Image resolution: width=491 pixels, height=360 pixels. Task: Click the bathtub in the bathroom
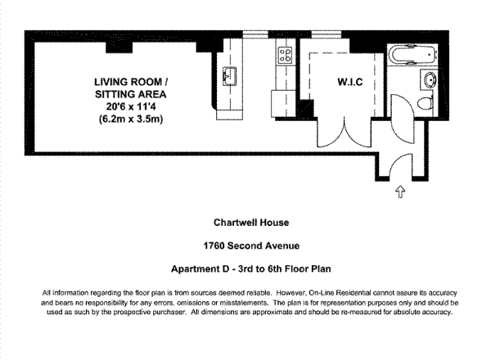click(412, 55)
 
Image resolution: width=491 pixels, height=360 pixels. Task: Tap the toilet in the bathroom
click(426, 102)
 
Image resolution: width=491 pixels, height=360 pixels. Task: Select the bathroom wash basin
click(430, 79)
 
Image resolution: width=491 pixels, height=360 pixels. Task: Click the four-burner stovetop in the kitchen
click(286, 55)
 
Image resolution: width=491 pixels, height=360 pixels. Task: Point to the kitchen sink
click(229, 75)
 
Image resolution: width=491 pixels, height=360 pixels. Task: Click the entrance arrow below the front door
click(400, 191)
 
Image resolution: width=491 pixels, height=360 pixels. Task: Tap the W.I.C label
click(350, 82)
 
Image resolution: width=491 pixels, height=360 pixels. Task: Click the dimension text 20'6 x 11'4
click(131, 106)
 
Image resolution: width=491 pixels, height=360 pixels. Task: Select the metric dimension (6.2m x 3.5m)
click(131, 119)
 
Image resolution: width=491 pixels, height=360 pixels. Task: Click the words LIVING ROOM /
click(131, 82)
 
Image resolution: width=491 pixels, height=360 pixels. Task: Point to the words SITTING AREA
click(131, 94)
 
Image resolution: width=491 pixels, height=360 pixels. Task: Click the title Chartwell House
click(251, 223)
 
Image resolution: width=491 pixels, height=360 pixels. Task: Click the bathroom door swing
click(403, 119)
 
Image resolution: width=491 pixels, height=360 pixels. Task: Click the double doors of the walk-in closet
click(345, 133)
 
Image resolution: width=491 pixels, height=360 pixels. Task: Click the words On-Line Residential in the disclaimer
click(340, 293)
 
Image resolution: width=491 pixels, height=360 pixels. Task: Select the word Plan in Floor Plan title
click(321, 269)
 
